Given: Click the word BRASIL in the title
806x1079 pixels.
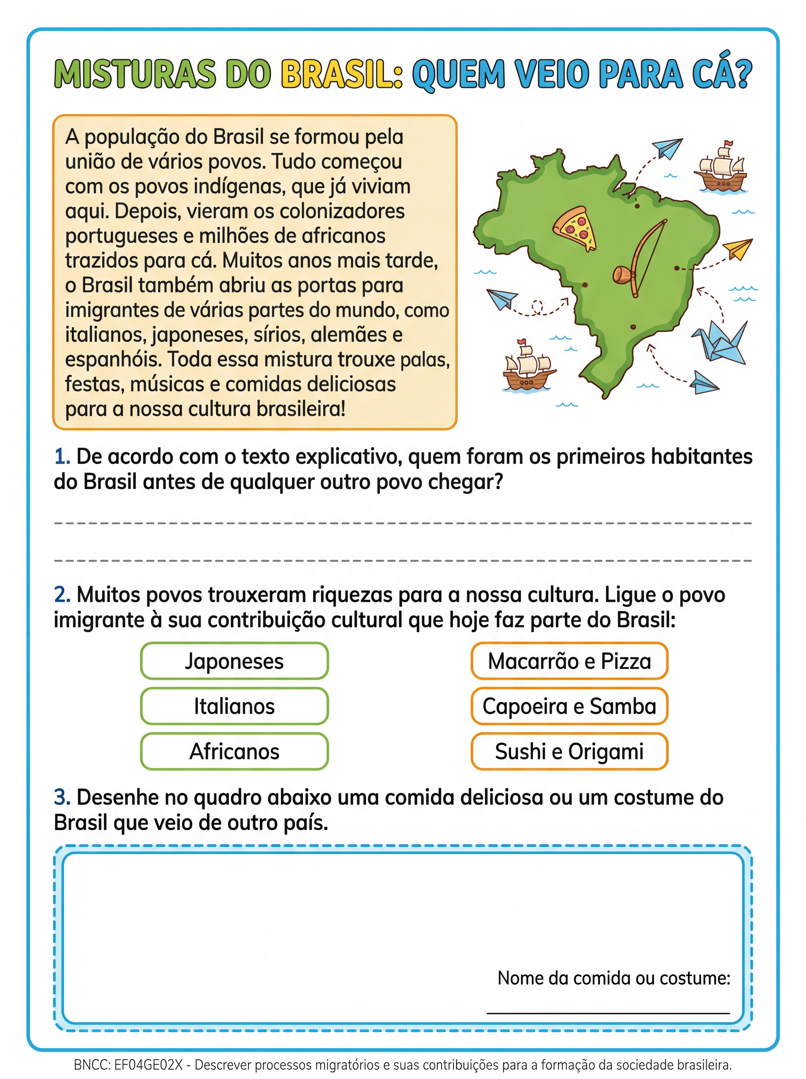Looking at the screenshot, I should [x=342, y=75].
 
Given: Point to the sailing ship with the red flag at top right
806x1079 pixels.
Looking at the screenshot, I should [x=721, y=168].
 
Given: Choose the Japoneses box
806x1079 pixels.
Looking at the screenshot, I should [x=234, y=661].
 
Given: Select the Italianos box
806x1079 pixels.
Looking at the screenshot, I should [x=234, y=706].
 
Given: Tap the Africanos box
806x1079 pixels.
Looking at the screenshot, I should [x=234, y=751].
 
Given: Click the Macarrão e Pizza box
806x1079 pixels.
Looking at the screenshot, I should [x=569, y=661].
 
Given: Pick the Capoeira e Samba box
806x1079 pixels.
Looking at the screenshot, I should [x=569, y=706].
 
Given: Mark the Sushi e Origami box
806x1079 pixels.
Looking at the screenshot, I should [x=569, y=751].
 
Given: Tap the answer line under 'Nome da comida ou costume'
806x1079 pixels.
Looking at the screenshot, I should [x=608, y=1012].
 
